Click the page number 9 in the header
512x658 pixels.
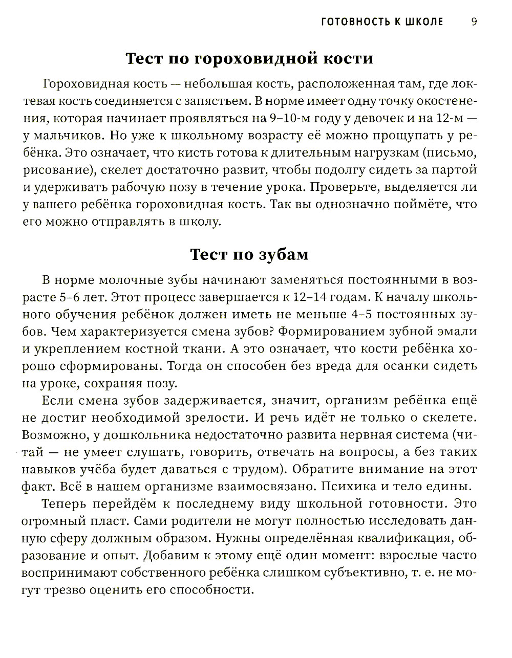[474, 21]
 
